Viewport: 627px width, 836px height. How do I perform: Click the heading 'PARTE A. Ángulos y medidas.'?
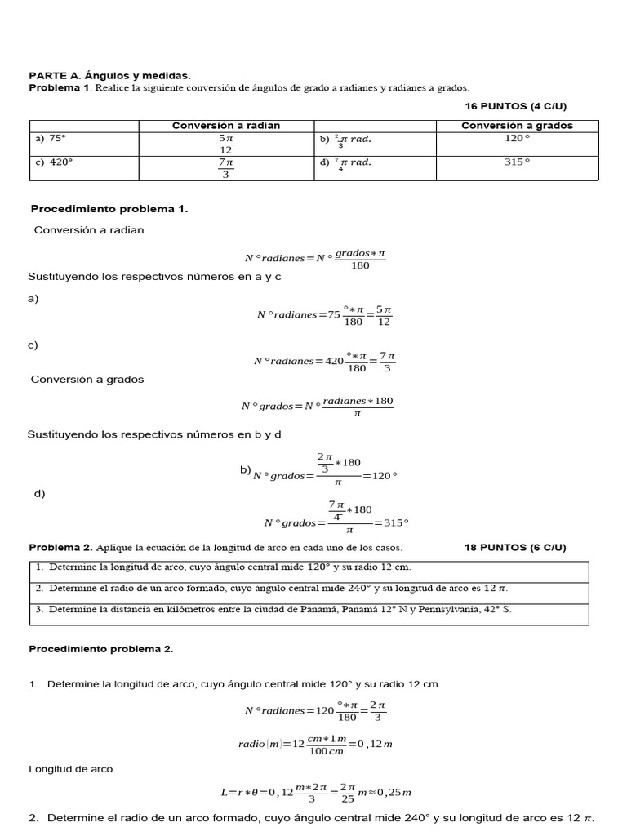point(110,75)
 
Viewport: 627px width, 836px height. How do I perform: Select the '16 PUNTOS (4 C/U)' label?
point(515,106)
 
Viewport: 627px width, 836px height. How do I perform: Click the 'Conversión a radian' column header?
point(226,126)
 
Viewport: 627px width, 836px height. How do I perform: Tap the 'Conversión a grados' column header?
point(517,126)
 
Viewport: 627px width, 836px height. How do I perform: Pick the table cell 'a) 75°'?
point(50,139)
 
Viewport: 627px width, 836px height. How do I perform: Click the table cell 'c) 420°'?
point(53,162)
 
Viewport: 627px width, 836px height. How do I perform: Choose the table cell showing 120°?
point(517,139)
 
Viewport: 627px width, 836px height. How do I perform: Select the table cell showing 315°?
point(517,162)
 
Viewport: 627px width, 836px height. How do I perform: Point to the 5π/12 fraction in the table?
point(226,144)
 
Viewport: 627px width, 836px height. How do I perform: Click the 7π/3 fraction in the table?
point(226,167)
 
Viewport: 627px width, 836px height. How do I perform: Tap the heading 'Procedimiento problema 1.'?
point(109,209)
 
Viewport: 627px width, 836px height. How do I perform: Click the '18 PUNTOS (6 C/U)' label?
point(515,547)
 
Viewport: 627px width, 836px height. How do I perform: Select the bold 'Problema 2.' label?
point(61,547)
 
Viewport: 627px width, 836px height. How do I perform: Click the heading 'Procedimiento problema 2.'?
point(101,649)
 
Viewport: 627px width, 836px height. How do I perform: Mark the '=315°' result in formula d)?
point(391,522)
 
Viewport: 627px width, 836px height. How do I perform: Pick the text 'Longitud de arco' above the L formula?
point(71,769)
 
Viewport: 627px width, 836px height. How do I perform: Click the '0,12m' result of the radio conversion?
point(376,744)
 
